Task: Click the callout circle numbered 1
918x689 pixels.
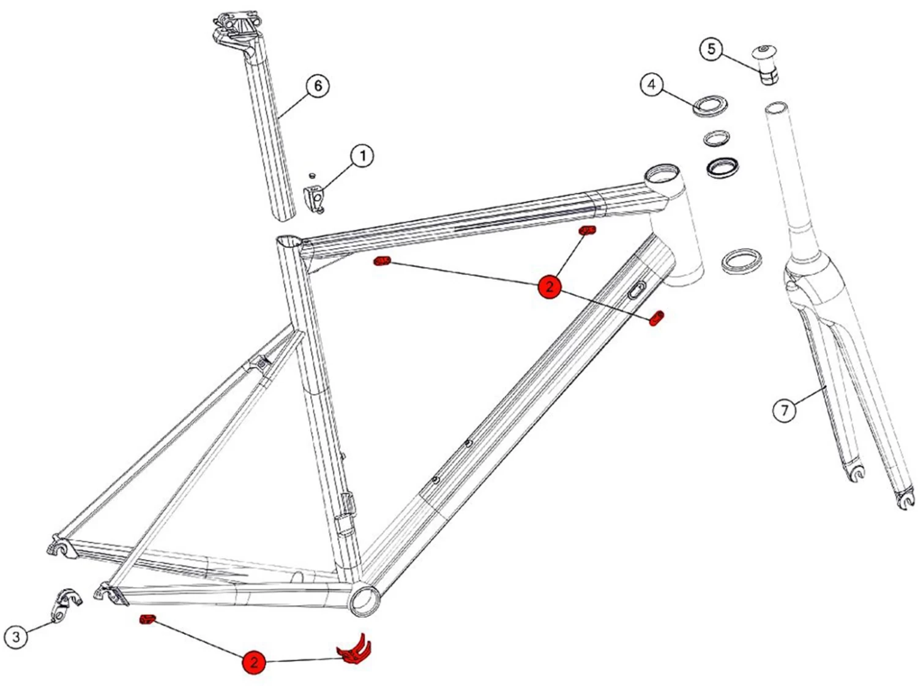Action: (362, 156)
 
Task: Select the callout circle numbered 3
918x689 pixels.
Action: (16, 636)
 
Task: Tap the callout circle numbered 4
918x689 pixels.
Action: (651, 84)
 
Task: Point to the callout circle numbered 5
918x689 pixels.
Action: (711, 49)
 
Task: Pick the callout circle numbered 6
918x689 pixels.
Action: (318, 85)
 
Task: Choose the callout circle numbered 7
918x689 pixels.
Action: (785, 409)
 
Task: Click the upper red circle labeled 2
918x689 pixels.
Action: (550, 286)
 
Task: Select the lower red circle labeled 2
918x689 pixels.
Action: (253, 661)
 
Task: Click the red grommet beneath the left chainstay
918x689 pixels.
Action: (147, 620)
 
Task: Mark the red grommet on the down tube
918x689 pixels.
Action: (656, 318)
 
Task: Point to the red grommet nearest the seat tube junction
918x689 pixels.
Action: (382, 262)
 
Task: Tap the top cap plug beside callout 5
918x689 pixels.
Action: (766, 64)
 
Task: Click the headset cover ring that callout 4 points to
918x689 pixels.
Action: (709, 105)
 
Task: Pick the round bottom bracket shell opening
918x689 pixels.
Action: (365, 599)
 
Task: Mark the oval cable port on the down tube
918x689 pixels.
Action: (637, 290)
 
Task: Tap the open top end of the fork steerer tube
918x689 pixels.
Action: (776, 109)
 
